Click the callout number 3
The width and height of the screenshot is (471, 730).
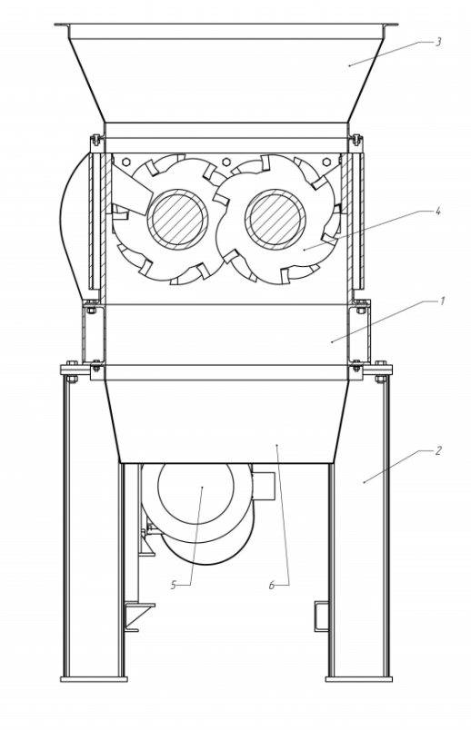[x=438, y=42]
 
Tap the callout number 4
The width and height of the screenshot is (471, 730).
[x=437, y=211]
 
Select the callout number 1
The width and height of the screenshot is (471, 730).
[x=443, y=301]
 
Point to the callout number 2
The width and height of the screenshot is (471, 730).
[x=438, y=450]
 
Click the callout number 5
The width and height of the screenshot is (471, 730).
[x=174, y=585]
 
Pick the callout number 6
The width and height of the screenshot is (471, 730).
[x=272, y=585]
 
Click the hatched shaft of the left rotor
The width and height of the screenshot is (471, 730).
[x=177, y=219]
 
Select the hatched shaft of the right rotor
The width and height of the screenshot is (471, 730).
[x=276, y=219]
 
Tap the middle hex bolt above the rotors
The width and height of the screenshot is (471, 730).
[x=226, y=162]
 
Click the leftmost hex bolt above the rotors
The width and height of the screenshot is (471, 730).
[x=125, y=162]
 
